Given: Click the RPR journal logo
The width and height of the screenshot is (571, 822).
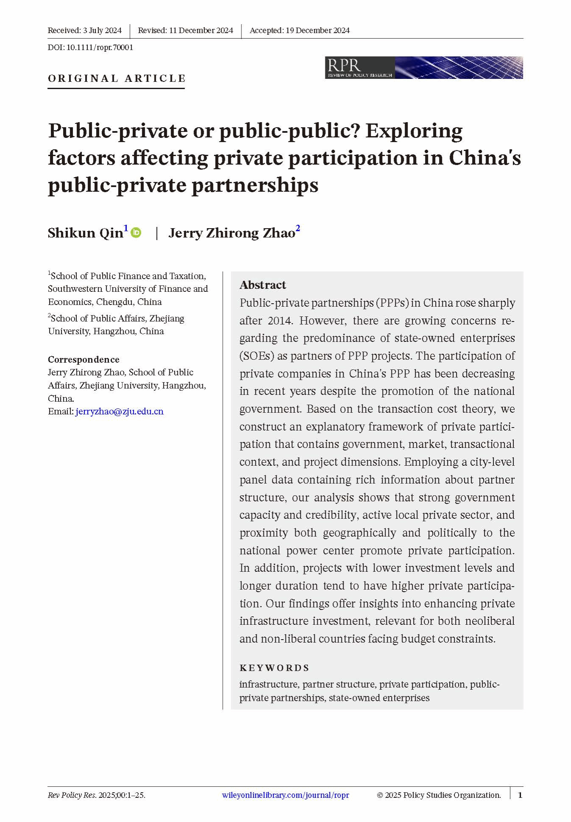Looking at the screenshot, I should (423, 67).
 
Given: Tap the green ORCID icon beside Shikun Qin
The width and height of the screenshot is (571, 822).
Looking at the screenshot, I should (136, 232).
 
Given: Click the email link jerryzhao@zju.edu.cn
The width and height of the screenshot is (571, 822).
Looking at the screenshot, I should (119, 411).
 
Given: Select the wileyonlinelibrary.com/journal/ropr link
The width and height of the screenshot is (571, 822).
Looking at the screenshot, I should (285, 795).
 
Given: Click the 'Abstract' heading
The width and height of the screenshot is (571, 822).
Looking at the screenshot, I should (263, 285).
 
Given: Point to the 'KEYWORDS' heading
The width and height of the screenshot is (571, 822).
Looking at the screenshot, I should (274, 668).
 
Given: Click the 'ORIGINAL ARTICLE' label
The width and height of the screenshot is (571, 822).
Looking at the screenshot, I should (117, 78).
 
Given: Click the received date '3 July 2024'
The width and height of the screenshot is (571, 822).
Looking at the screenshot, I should (102, 31).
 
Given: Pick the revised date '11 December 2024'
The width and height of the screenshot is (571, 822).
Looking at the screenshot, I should (201, 31).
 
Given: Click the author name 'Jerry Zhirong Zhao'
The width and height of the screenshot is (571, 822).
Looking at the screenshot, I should (232, 233).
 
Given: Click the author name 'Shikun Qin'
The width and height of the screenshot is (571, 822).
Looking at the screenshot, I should (85, 233).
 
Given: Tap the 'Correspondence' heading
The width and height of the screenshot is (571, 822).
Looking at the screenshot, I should (84, 359).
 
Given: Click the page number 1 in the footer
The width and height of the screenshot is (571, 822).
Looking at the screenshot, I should (520, 795).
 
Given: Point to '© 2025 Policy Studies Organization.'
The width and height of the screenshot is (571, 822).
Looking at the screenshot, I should (439, 795).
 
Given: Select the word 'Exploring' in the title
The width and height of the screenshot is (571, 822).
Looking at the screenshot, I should (414, 131).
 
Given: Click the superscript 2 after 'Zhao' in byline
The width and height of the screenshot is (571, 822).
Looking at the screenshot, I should (298, 228).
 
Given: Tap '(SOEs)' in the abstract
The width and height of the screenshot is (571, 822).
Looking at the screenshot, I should (256, 356).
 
